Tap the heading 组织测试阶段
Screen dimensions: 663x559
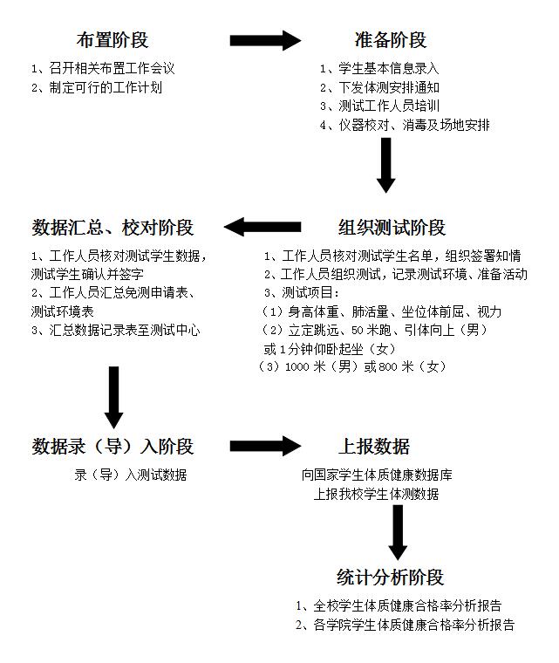click(392, 228)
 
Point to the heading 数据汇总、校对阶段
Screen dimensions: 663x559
click(112, 228)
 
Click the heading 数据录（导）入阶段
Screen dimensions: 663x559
click(112, 447)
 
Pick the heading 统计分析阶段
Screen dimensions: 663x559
click(391, 578)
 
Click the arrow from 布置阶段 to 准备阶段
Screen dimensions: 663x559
click(265, 40)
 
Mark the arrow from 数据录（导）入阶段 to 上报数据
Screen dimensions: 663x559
click(265, 447)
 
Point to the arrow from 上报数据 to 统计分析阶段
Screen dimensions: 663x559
click(398, 531)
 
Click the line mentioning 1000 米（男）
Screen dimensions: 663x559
click(352, 367)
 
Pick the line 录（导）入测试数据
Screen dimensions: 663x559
click(130, 475)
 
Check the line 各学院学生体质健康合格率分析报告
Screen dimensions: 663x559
click(404, 625)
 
